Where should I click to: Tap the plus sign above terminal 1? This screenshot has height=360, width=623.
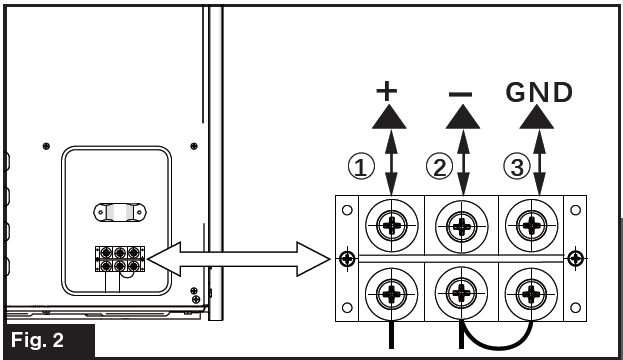pyautogui.click(x=387, y=92)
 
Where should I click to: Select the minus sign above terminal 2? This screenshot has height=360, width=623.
pyautogui.click(x=460, y=92)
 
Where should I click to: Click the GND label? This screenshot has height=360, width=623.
pyautogui.click(x=539, y=93)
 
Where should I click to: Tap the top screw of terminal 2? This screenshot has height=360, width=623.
pyautogui.click(x=460, y=224)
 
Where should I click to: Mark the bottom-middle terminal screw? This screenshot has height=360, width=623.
pyautogui.click(x=460, y=294)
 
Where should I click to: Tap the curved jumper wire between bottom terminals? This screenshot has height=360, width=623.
pyautogui.click(x=496, y=340)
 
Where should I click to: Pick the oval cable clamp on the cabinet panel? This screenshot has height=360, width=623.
pyautogui.click(x=119, y=212)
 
